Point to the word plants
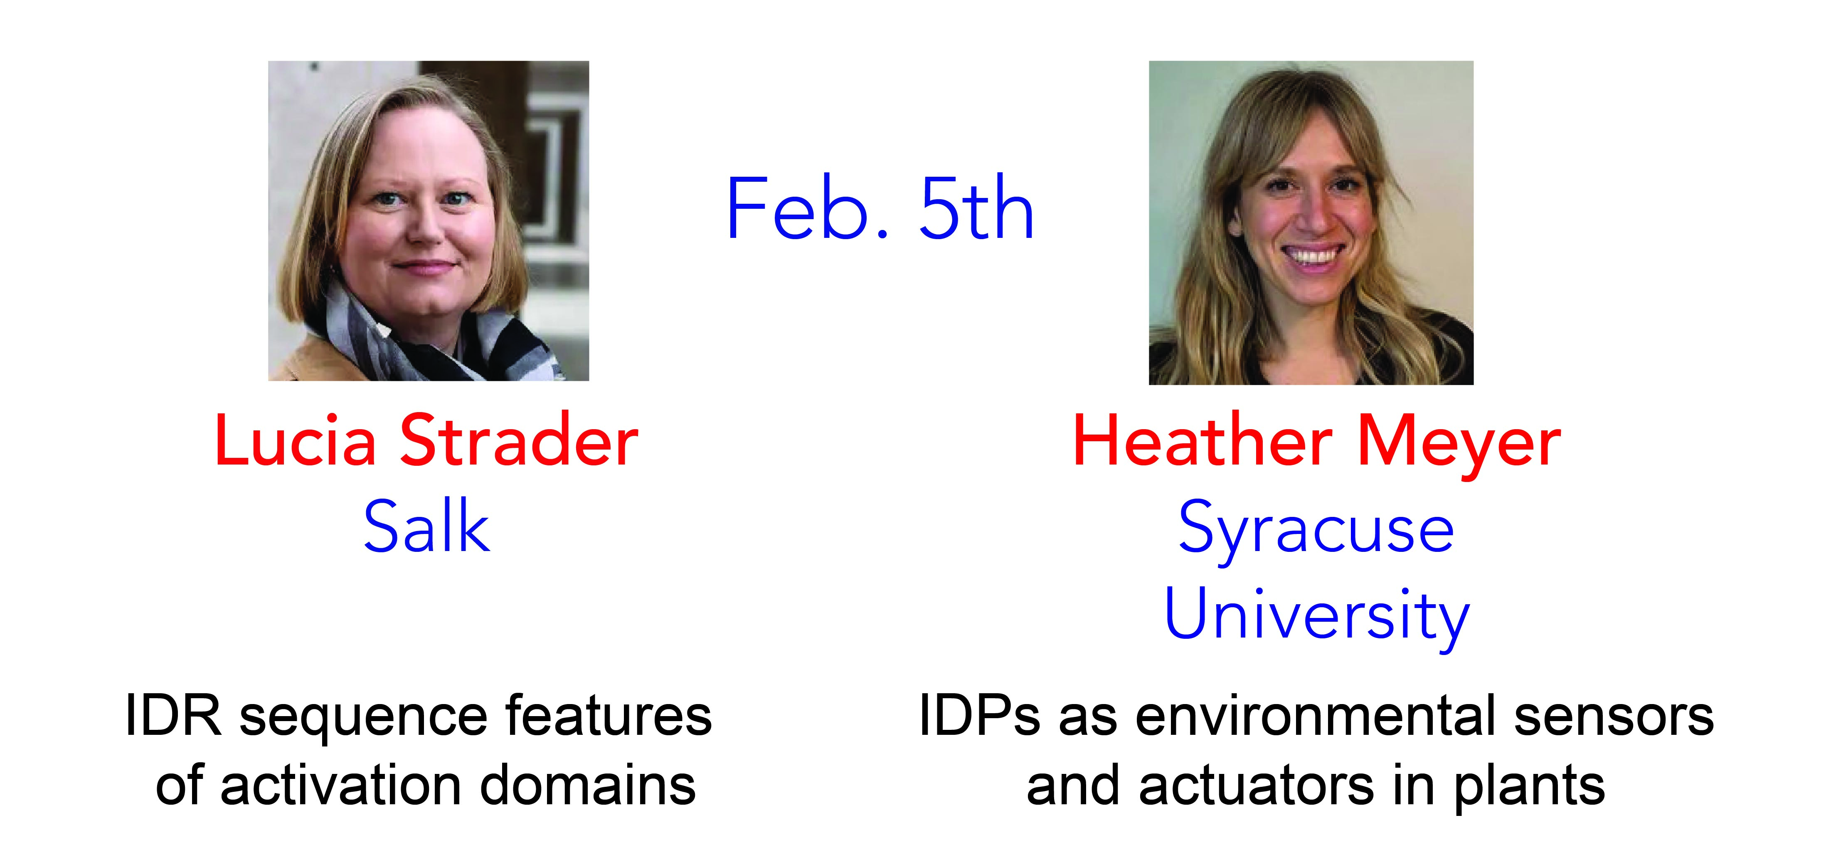click(x=1529, y=787)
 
